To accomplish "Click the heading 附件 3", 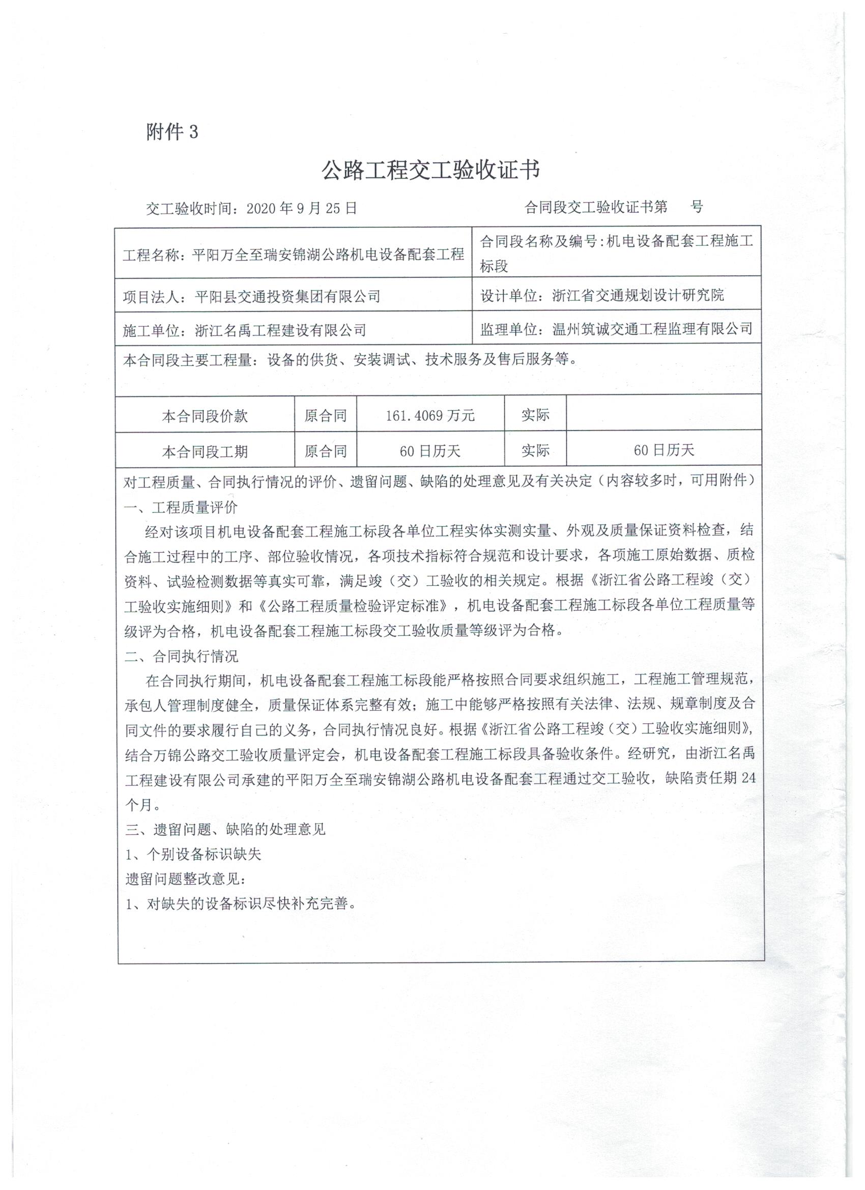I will pos(172,132).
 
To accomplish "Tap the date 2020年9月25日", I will pos(302,208).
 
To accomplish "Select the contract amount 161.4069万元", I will pos(430,415).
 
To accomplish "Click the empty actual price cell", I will pos(664,414).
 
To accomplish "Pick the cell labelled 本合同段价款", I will pos(205,416).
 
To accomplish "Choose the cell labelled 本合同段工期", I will pos(205,451).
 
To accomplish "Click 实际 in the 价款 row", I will pos(535,414).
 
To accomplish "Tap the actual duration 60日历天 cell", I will pos(664,449).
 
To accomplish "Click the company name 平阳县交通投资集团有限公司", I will pos(287,296).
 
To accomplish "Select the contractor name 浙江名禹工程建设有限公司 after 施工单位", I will pos(280,330).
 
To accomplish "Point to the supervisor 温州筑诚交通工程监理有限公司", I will pos(652,329).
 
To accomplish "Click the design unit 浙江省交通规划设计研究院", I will pos(638,295).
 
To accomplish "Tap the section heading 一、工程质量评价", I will pos(181,507).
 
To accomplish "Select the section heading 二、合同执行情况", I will pos(181,657).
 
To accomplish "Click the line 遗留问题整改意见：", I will pos(185,879).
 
